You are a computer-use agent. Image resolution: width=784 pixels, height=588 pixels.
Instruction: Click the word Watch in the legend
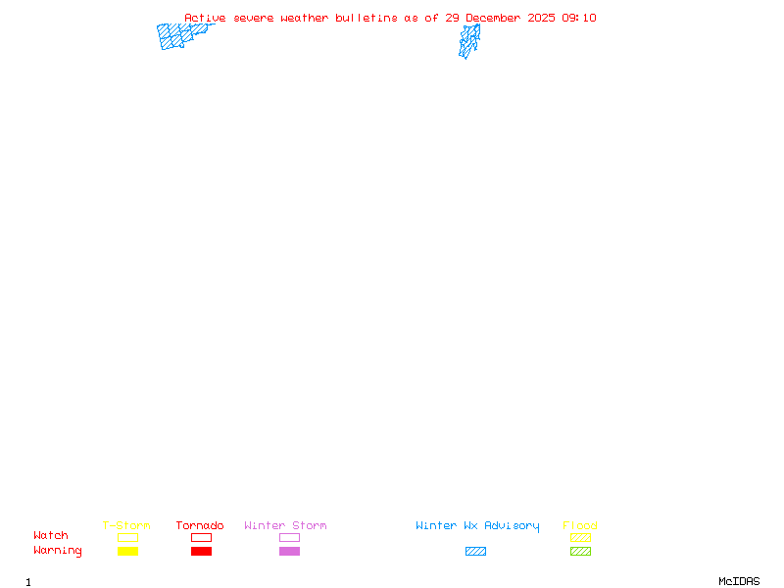[x=51, y=536]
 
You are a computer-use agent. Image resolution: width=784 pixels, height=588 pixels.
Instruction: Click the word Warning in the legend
[x=58, y=551]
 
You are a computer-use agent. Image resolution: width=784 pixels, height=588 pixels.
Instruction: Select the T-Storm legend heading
[x=126, y=525]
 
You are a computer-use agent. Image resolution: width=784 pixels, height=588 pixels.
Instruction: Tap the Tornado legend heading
[x=200, y=525]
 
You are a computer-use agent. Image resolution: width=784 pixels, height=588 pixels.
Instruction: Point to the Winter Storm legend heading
[x=285, y=525]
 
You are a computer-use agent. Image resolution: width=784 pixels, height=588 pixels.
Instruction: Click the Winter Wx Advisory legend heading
[x=477, y=525]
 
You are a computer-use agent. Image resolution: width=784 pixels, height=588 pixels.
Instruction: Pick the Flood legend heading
[x=580, y=525]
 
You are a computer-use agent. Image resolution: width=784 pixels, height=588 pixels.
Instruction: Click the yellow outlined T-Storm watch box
[x=127, y=537]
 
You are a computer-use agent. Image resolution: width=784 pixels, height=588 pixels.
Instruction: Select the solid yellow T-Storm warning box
[x=127, y=551]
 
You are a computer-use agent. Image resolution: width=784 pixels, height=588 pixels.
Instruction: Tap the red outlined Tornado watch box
[x=201, y=537]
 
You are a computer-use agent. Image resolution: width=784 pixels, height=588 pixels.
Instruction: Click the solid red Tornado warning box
[x=201, y=551]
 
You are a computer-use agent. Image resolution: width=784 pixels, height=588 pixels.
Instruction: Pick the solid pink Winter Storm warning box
[x=289, y=551]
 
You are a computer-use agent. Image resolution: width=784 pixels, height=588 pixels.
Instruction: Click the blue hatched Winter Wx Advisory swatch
[x=475, y=551]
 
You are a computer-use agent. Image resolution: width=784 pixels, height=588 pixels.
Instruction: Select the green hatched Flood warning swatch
[x=580, y=551]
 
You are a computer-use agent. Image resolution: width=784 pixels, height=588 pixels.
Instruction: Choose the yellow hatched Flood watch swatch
[x=580, y=537]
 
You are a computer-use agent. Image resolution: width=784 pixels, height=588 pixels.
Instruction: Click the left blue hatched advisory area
[x=178, y=36]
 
